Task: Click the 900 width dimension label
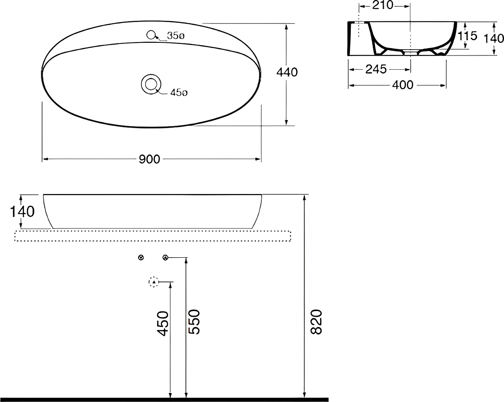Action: (x=149, y=159)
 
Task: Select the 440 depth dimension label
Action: (x=287, y=72)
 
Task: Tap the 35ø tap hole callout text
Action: (x=176, y=36)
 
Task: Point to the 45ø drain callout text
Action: (x=179, y=93)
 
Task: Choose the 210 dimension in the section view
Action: (x=383, y=5)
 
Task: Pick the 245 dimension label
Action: (x=376, y=69)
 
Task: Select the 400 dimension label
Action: (x=403, y=85)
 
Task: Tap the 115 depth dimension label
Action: (x=468, y=36)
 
